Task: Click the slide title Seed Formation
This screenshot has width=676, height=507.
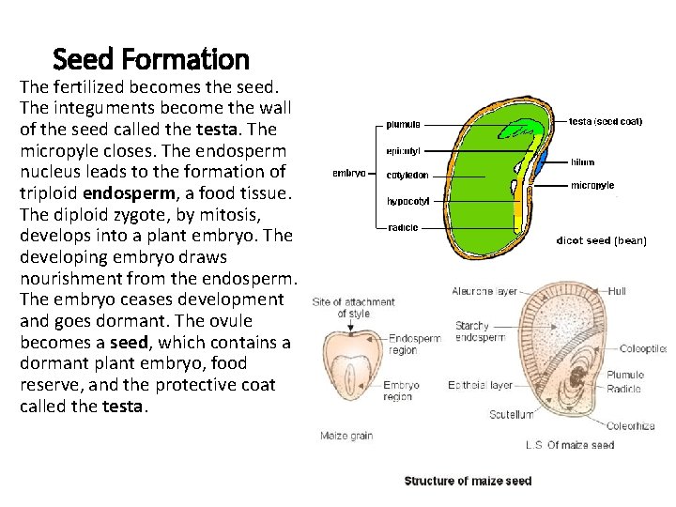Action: [151, 60]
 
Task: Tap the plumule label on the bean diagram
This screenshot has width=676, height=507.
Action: [404, 124]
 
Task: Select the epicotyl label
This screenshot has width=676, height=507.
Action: [404, 150]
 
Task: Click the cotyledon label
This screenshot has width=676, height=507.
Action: [408, 175]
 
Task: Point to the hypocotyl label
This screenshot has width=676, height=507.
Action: [407, 201]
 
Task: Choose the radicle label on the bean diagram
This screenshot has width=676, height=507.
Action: [403, 227]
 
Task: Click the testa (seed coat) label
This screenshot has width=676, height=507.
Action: [607, 121]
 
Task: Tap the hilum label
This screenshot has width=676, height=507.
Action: [582, 162]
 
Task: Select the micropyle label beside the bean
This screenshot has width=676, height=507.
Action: [592, 186]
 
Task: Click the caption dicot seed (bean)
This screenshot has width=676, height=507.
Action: [602, 240]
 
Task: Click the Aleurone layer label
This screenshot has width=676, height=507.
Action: [485, 292]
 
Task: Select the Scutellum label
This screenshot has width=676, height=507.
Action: [511, 414]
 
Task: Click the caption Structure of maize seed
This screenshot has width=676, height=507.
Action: [468, 481]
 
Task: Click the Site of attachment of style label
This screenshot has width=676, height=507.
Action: [353, 308]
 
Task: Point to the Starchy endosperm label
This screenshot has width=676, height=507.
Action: [480, 331]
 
